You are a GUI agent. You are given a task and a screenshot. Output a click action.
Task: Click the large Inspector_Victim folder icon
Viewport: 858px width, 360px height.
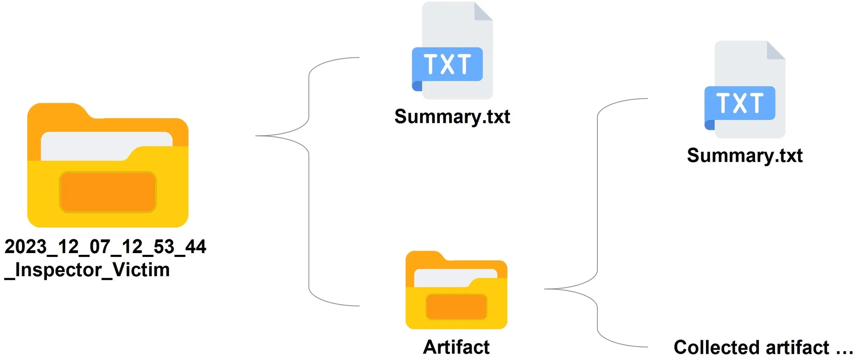click(x=108, y=166)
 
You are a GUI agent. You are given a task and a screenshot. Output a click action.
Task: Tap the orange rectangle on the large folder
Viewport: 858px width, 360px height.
click(x=108, y=192)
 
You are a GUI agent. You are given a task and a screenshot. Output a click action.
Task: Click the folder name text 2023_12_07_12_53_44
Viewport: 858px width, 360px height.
click(x=105, y=247)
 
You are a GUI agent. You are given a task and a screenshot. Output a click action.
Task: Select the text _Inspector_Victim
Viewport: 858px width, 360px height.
click(x=87, y=270)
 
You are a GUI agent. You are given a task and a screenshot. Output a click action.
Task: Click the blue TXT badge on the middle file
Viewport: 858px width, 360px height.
click(x=447, y=64)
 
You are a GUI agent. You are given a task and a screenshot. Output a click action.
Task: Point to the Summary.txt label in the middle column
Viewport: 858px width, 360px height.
click(x=452, y=117)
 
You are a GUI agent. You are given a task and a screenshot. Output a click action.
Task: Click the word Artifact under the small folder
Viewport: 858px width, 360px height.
click(x=456, y=347)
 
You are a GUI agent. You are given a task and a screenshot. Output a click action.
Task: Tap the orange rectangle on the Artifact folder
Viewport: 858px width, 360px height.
click(x=456, y=306)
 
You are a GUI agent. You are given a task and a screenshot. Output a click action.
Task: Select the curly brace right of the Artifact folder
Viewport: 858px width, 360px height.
click(x=597, y=222)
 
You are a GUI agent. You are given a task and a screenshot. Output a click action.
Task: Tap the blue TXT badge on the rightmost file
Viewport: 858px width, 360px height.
click(x=740, y=103)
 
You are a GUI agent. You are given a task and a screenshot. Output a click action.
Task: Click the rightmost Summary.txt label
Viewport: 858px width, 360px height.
click(x=744, y=155)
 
